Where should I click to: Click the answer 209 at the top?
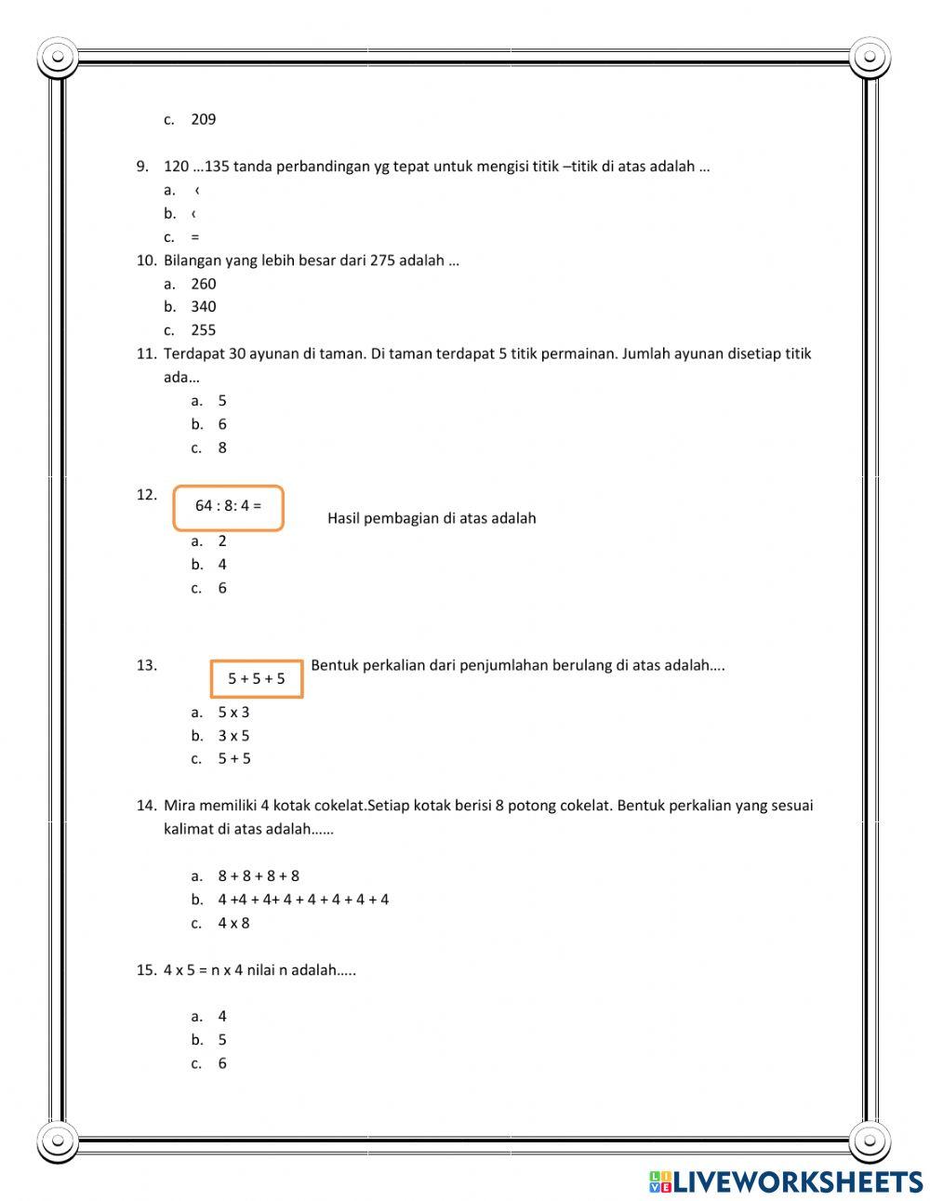point(203,119)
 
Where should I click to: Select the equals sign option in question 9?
point(194,237)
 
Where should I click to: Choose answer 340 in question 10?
point(203,307)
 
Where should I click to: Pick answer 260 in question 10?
point(203,284)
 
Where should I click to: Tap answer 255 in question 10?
point(203,330)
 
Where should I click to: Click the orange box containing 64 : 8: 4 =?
point(228,507)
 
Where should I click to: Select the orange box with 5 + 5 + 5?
point(257,679)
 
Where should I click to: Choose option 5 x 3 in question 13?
point(233,713)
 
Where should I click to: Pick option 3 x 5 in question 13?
point(233,736)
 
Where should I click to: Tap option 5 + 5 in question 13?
point(234,759)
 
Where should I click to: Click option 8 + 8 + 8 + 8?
point(259,876)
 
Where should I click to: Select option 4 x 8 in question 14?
point(233,924)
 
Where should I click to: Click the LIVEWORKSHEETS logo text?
point(797,1181)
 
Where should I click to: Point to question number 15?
point(146,970)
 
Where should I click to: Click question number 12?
point(146,495)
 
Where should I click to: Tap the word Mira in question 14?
point(180,806)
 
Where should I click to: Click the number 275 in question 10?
point(382,260)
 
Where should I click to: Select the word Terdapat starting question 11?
point(193,354)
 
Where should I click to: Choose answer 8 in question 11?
point(222,448)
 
